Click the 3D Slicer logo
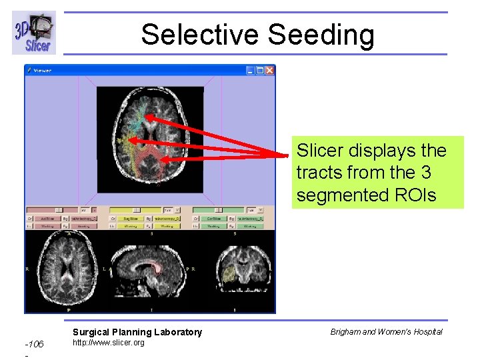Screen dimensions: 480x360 tap(33, 33)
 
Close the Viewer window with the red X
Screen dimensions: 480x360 tap(269, 70)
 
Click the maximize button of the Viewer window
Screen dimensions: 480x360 tap(259, 70)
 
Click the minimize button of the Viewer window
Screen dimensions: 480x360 tap(250, 70)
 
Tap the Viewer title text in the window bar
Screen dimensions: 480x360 tap(42, 70)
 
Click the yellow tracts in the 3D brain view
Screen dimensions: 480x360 tap(124, 142)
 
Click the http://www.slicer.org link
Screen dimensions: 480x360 tap(108, 343)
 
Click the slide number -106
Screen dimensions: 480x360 tap(34, 344)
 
